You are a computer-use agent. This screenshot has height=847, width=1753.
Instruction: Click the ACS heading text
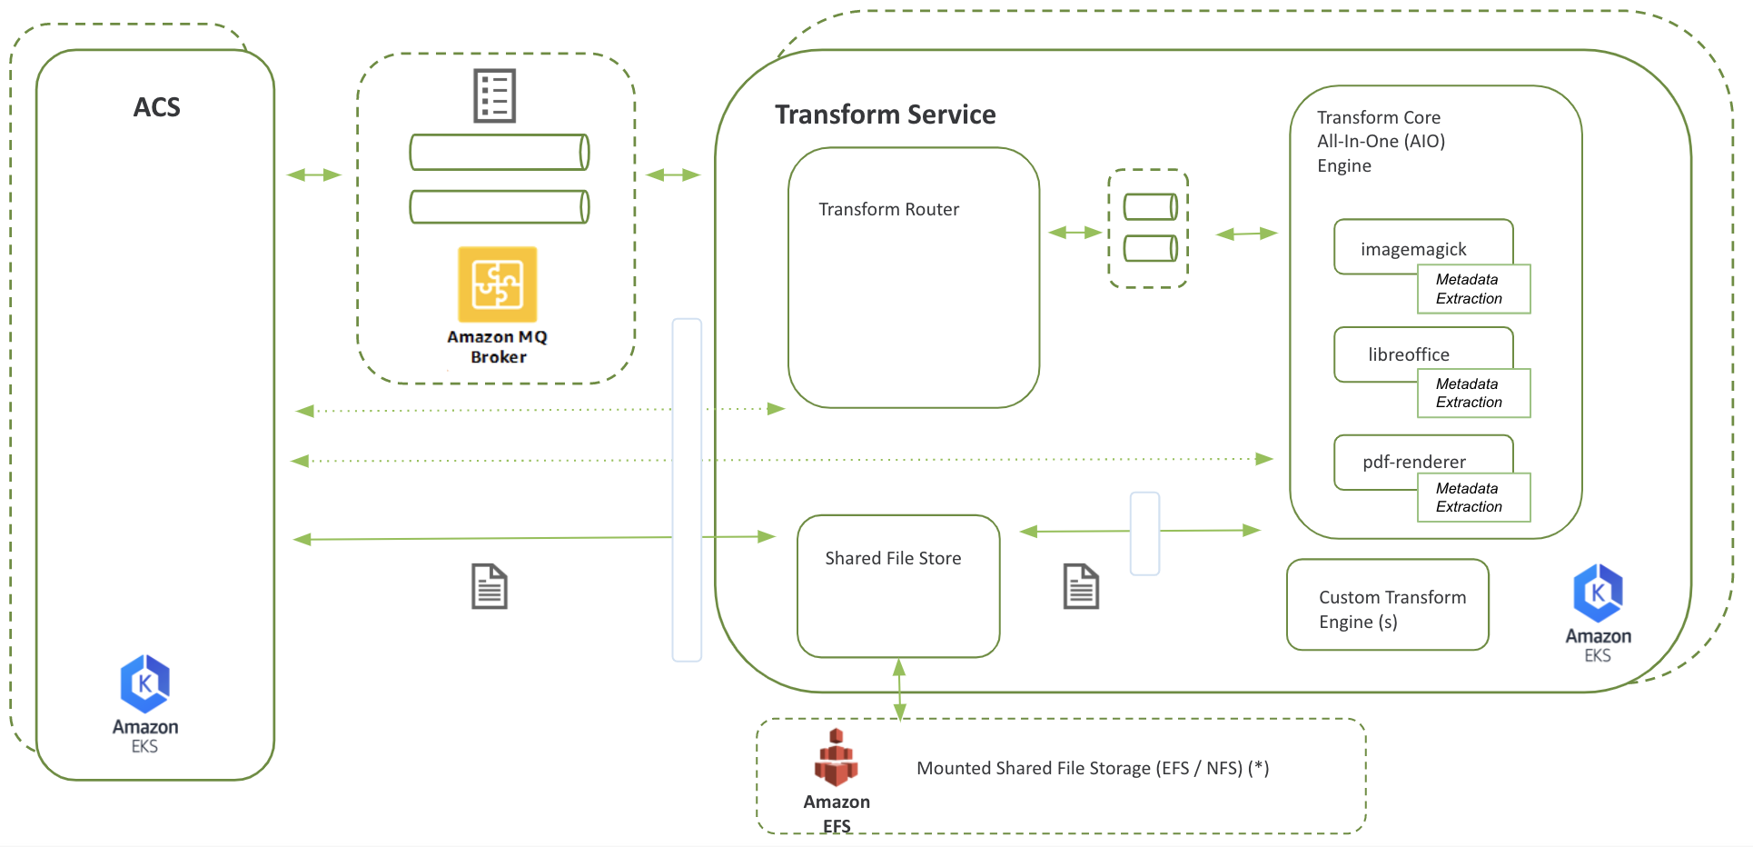tap(156, 107)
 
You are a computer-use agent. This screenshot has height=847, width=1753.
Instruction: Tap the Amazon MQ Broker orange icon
tap(497, 284)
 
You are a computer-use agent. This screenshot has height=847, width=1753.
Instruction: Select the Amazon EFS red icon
tap(836, 758)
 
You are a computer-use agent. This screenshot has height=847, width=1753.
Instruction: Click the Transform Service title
tap(885, 115)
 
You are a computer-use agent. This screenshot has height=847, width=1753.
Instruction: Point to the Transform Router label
tap(888, 209)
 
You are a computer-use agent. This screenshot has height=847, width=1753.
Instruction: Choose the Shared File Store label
tap(893, 558)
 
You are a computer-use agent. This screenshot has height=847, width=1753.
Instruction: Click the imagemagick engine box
tap(1413, 247)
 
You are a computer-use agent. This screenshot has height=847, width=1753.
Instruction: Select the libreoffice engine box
tap(1409, 354)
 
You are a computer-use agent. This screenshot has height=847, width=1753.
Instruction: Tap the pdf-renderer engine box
tap(1413, 461)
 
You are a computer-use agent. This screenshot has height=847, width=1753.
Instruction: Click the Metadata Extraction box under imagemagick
tap(1473, 289)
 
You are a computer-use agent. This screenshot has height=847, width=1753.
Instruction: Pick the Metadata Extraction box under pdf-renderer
tap(1473, 497)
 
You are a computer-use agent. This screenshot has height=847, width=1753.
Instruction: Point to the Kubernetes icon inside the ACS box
tap(144, 683)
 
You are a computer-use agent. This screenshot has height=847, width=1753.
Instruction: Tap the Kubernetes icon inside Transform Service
tap(1598, 593)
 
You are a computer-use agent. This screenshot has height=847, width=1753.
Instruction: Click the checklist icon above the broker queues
tap(495, 95)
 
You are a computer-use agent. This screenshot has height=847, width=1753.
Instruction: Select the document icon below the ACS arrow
tap(489, 586)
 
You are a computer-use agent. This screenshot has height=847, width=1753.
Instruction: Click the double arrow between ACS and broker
tap(313, 174)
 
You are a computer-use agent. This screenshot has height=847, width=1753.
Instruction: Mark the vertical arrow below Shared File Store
tap(899, 688)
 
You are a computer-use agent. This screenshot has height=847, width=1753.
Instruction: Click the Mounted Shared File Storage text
tap(1092, 768)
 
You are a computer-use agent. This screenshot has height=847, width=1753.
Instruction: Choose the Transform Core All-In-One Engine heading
tap(1381, 141)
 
